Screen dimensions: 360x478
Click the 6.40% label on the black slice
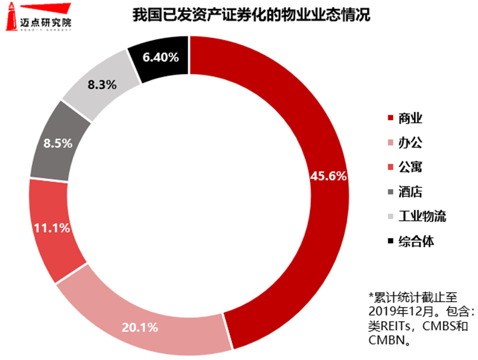[x=160, y=57]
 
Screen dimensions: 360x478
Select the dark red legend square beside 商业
[x=391, y=118]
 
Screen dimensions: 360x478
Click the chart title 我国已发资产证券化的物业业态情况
[x=252, y=16]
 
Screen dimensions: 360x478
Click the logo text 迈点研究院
[x=45, y=18]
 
